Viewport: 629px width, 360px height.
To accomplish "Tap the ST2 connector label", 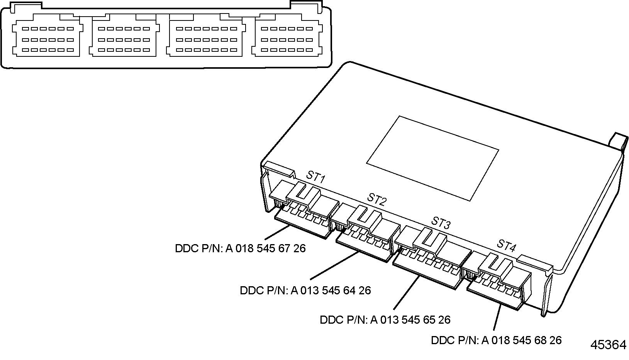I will pyautogui.click(x=377, y=199).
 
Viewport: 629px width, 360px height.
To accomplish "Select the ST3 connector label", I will pyautogui.click(x=441, y=222).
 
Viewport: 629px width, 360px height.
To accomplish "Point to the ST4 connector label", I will pyautogui.click(x=506, y=245).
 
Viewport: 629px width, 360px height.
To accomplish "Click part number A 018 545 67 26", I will pyautogui.click(x=240, y=248).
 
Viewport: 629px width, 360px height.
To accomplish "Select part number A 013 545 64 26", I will pyautogui.click(x=305, y=290).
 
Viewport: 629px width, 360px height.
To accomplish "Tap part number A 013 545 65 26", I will pyautogui.click(x=385, y=320).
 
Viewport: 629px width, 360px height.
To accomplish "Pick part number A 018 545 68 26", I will pyautogui.click(x=496, y=340).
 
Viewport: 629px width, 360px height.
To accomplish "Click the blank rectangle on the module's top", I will pyautogui.click(x=432, y=158).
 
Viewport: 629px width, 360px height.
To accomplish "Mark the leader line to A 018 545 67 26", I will pyautogui.click(x=278, y=233).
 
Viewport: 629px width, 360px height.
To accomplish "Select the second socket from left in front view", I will pyautogui.click(x=124, y=39).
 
